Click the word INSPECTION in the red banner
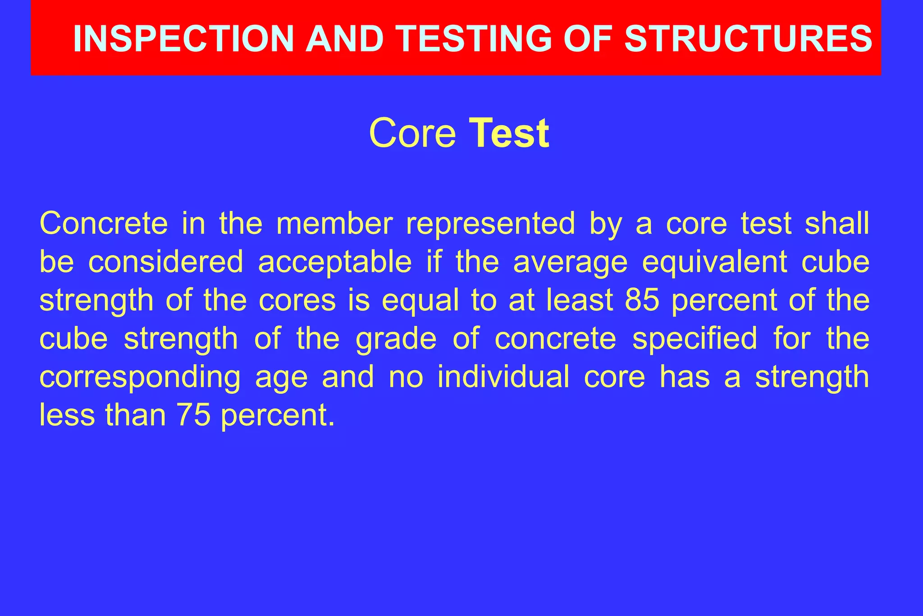coord(183,39)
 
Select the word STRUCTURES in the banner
coord(748,39)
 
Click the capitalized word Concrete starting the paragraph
coord(104,223)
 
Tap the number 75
coord(194,415)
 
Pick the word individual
coord(503,377)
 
